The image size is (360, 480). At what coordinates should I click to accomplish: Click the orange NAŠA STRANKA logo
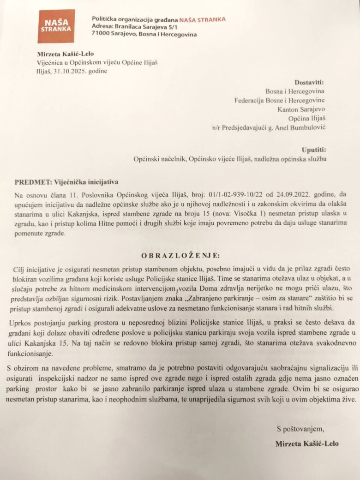point(56,26)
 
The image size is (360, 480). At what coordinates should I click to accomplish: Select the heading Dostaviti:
point(311,82)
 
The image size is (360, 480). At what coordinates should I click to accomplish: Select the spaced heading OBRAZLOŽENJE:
point(180,255)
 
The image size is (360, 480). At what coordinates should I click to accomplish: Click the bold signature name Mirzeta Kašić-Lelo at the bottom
point(306,444)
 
